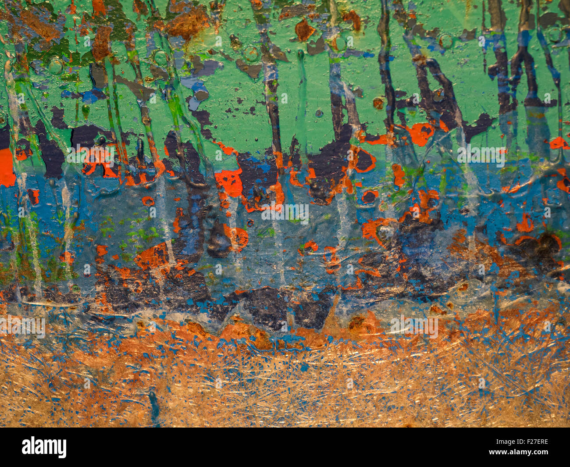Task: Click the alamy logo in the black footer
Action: tap(44, 447)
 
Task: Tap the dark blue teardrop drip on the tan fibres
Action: tap(153, 401)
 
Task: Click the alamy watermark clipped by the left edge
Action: tap(22, 327)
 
